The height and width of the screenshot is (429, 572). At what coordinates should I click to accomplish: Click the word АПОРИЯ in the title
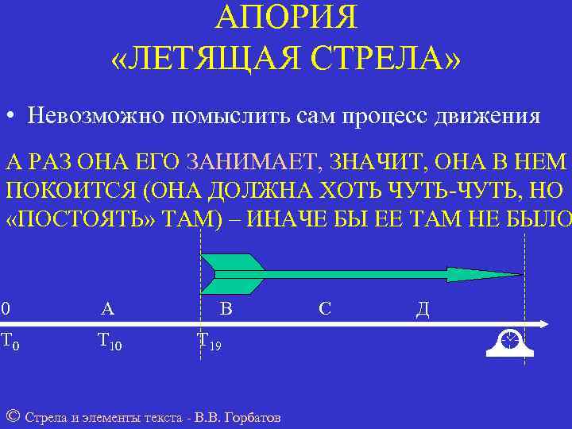(286, 17)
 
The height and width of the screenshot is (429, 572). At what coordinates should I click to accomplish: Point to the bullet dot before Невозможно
(10, 118)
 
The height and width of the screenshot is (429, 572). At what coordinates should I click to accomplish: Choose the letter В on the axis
(226, 308)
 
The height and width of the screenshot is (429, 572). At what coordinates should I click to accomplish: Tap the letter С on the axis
(324, 308)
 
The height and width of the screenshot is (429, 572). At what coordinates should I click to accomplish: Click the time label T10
(110, 342)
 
